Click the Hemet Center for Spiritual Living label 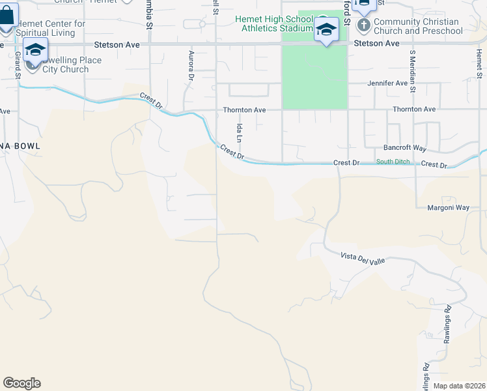51,27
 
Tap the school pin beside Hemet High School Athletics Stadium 326,29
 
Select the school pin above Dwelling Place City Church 36,50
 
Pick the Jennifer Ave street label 387,83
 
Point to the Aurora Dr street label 191,66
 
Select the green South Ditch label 393,162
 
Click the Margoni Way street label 448,208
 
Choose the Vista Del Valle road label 363,259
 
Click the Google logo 21,383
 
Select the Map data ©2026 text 458,386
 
